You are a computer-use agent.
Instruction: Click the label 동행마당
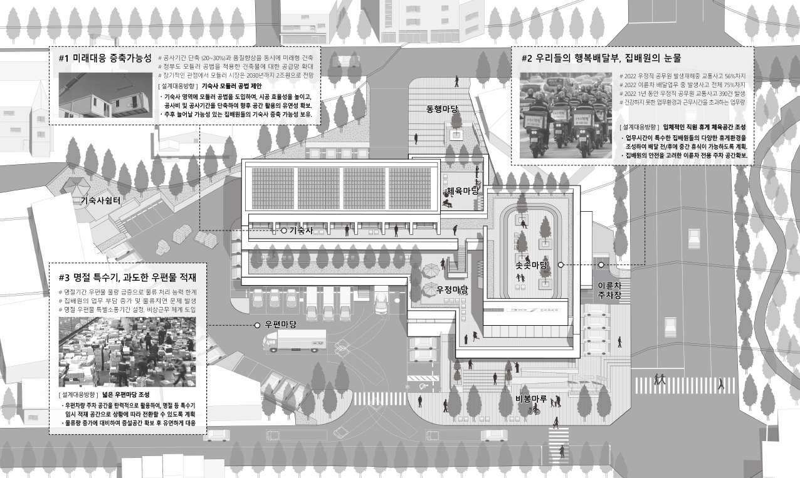tap(443, 110)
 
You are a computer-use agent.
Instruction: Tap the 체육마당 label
tap(463, 190)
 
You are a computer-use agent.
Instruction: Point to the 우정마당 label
tap(453, 289)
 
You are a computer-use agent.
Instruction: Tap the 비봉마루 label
tap(532, 398)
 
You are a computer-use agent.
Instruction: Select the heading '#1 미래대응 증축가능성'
tap(105, 58)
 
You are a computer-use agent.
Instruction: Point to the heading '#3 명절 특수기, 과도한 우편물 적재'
tap(127, 277)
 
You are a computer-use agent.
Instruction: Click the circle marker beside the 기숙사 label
tap(283, 231)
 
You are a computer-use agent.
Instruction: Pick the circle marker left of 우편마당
tap(257, 325)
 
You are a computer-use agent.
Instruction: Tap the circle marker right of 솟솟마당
tap(561, 265)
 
